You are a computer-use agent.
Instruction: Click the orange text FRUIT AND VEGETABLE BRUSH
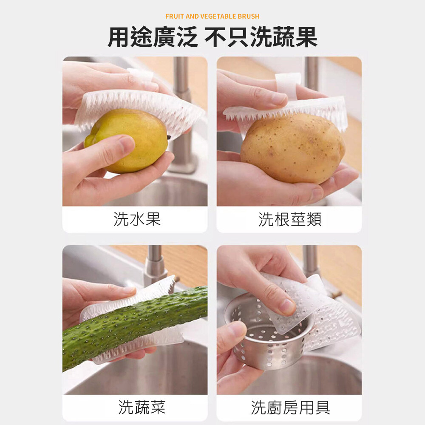(212, 16)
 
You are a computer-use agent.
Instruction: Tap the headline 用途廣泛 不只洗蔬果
(212, 37)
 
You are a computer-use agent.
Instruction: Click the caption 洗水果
(137, 219)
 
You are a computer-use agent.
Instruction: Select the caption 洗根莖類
(290, 219)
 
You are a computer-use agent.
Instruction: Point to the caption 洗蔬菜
(142, 407)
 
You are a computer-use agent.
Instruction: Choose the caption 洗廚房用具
(290, 408)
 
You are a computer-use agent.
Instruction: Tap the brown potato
(293, 148)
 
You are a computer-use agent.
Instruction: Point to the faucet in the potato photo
(311, 74)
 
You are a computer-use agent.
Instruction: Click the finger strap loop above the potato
(287, 84)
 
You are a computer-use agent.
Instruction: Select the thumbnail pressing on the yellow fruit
(126, 143)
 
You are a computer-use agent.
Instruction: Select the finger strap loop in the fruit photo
(140, 76)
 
